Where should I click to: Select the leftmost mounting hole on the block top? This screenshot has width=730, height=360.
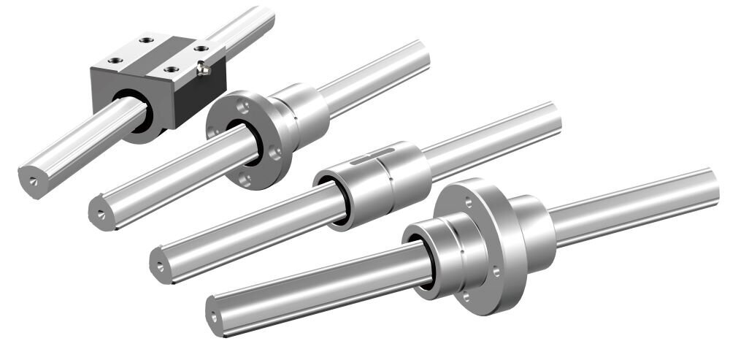click(x=113, y=61)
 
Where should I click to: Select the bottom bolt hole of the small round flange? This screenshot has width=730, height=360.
click(x=246, y=177)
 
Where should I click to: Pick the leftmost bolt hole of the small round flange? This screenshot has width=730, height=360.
click(x=214, y=131)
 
